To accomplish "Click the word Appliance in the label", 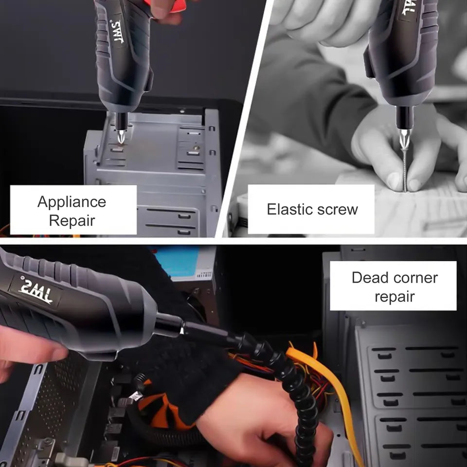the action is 72,202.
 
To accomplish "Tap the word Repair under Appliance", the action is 72,221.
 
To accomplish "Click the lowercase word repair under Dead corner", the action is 395,297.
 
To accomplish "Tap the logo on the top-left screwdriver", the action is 118,32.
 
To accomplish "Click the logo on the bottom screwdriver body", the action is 36,291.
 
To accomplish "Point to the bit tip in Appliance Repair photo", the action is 121,137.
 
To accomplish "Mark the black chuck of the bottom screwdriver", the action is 168,325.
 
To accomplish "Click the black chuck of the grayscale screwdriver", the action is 404,118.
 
